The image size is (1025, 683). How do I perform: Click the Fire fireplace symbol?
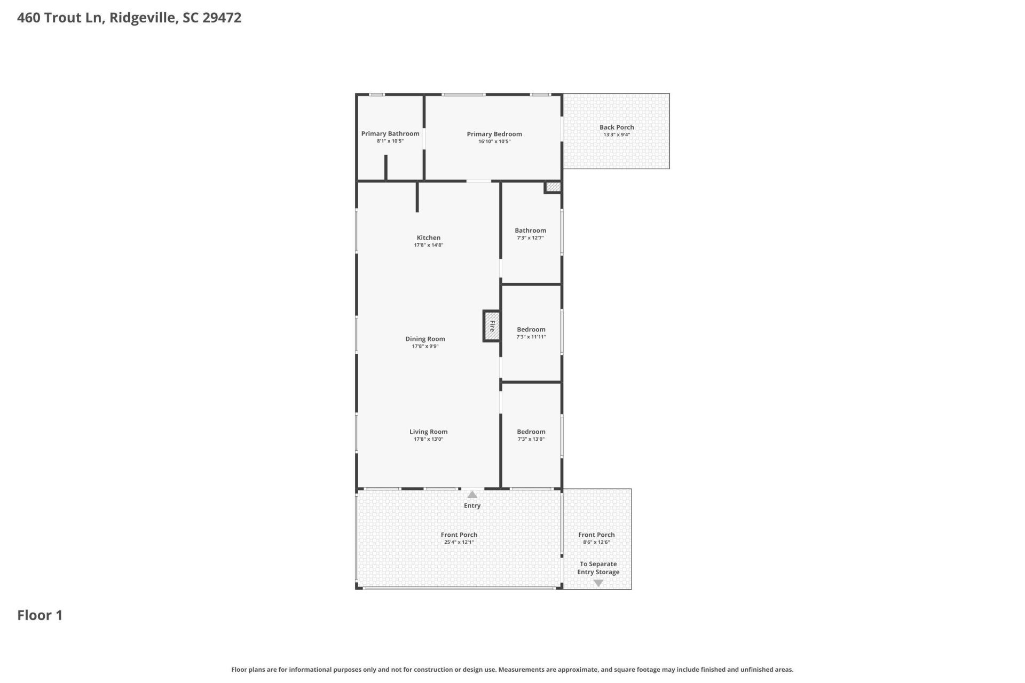492,326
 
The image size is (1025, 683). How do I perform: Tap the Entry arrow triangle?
472,495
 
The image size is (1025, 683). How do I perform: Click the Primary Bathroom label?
390,134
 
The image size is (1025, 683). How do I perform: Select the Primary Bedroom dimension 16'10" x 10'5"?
494,141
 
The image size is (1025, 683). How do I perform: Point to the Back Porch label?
617,127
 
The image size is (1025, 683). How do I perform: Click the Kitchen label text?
429,238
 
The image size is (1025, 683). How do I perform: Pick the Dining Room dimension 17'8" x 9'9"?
425,346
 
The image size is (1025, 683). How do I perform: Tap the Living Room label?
428,432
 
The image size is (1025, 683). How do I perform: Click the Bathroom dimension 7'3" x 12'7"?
530,238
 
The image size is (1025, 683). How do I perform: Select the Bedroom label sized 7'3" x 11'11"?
531,330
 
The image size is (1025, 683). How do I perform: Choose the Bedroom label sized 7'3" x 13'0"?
531,432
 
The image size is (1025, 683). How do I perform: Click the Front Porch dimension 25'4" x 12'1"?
459,542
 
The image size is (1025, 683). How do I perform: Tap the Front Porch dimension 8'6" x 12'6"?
596,542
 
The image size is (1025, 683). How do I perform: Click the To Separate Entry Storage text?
598,568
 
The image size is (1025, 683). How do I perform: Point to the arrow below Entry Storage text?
598,583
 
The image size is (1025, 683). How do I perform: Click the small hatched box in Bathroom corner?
553,187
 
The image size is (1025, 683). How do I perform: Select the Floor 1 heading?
40,615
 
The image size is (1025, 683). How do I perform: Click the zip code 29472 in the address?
222,18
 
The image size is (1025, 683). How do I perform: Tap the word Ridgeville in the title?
143,18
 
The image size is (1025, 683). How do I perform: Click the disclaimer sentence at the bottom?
512,669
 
